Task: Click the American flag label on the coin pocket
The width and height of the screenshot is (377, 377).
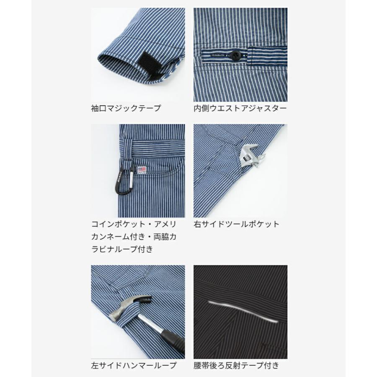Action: [x=142, y=170]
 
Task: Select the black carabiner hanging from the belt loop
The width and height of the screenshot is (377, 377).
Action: [x=122, y=181]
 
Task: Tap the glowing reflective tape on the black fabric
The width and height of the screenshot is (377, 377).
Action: [x=243, y=310]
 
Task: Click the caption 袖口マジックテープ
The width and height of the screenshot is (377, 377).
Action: [x=126, y=108]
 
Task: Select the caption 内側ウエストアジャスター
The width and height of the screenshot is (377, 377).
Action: [x=240, y=108]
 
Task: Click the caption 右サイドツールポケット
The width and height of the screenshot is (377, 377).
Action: [x=236, y=224]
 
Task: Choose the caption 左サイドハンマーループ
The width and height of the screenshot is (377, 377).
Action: [x=134, y=365]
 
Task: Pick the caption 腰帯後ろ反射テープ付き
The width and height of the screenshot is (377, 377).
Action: [x=236, y=365]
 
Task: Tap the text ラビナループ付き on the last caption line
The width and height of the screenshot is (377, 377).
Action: [x=122, y=249]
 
